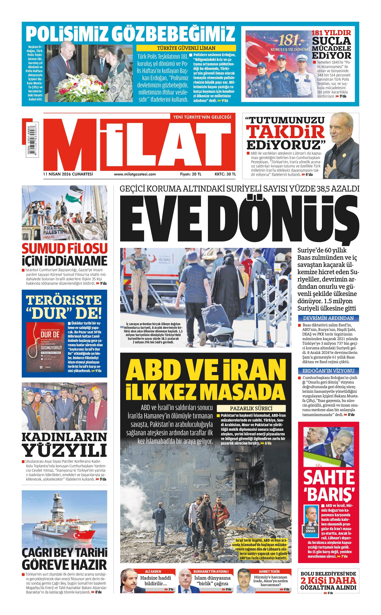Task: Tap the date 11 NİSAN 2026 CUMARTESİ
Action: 68,174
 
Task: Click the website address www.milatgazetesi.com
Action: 135,174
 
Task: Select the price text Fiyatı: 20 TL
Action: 191,174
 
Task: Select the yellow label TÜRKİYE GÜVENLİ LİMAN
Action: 186,48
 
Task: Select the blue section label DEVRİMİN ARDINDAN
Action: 328,318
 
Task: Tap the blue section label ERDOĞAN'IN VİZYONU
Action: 328,371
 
